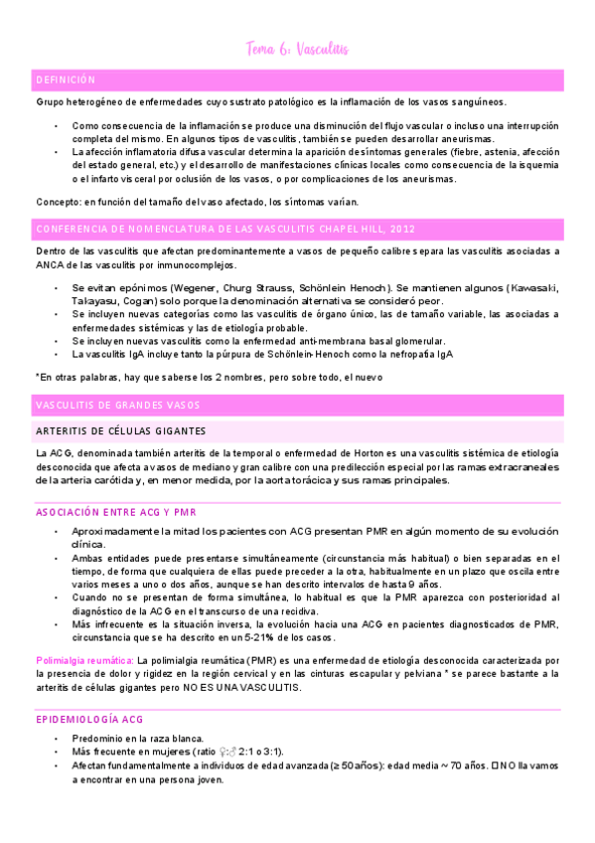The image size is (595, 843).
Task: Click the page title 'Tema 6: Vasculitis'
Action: click(x=297, y=49)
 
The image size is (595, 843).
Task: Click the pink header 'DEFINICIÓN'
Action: click(x=66, y=79)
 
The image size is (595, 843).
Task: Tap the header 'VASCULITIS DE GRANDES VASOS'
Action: click(x=117, y=405)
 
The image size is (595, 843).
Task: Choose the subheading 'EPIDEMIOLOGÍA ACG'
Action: click(x=87, y=690)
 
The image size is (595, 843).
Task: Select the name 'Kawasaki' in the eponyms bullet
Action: click(x=534, y=288)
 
